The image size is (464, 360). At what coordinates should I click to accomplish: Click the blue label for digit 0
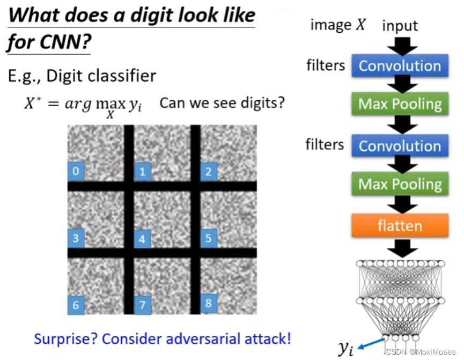[76, 171]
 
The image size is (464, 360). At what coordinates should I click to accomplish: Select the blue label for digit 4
[142, 239]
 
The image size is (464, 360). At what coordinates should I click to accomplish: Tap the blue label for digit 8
[208, 303]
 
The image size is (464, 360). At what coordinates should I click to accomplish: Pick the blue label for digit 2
[208, 172]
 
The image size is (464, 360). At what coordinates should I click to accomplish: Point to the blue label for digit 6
[76, 305]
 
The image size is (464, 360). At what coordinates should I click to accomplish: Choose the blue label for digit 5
[208, 237]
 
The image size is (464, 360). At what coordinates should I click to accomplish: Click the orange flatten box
[400, 225]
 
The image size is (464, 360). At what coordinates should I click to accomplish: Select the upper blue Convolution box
[400, 66]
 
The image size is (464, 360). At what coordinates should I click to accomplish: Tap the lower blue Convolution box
[400, 146]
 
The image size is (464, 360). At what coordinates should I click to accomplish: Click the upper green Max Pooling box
[400, 104]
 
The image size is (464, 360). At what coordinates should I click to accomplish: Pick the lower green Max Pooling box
[400, 185]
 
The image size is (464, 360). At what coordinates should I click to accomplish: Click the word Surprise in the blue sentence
[65, 339]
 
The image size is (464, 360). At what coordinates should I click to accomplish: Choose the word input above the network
[400, 25]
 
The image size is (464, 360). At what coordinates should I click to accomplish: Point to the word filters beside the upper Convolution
[325, 65]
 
